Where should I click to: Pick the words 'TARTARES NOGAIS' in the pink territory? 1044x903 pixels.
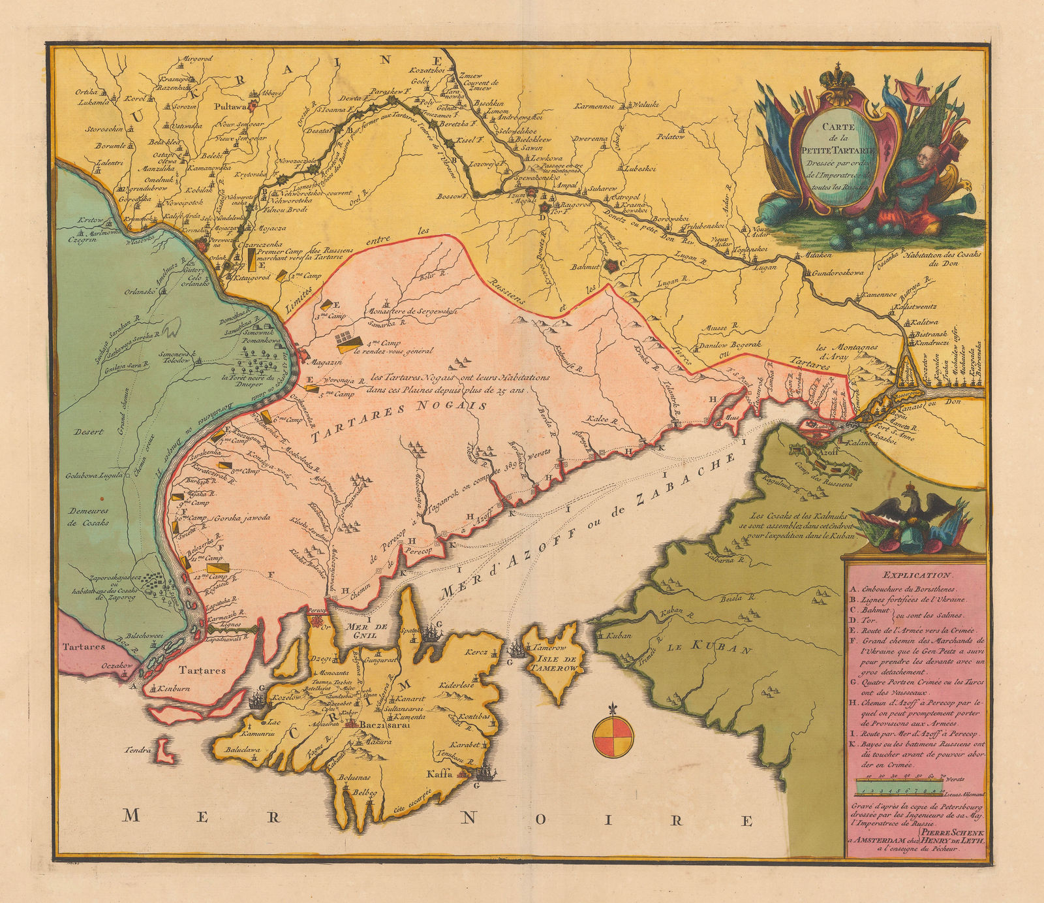tap(398, 421)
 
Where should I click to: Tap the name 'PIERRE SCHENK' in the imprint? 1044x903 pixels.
tap(957, 833)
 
